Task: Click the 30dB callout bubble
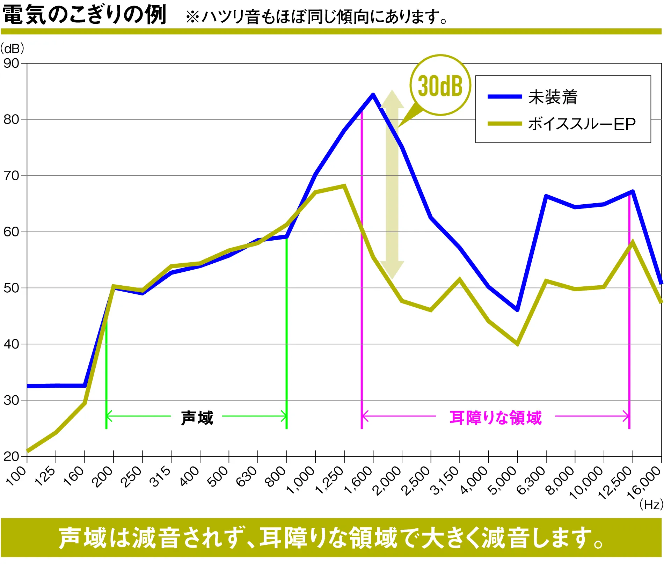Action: point(440,85)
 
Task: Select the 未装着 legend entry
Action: point(552,97)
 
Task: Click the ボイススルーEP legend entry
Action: point(581,124)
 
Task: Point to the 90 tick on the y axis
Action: point(11,64)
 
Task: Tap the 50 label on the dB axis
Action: point(11,288)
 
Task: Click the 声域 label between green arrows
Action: point(197,418)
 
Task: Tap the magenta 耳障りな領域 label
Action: point(495,418)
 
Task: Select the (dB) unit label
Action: point(12,48)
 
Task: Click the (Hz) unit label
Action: point(651,504)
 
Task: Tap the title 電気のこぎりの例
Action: point(84,15)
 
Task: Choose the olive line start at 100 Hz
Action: point(28,451)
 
